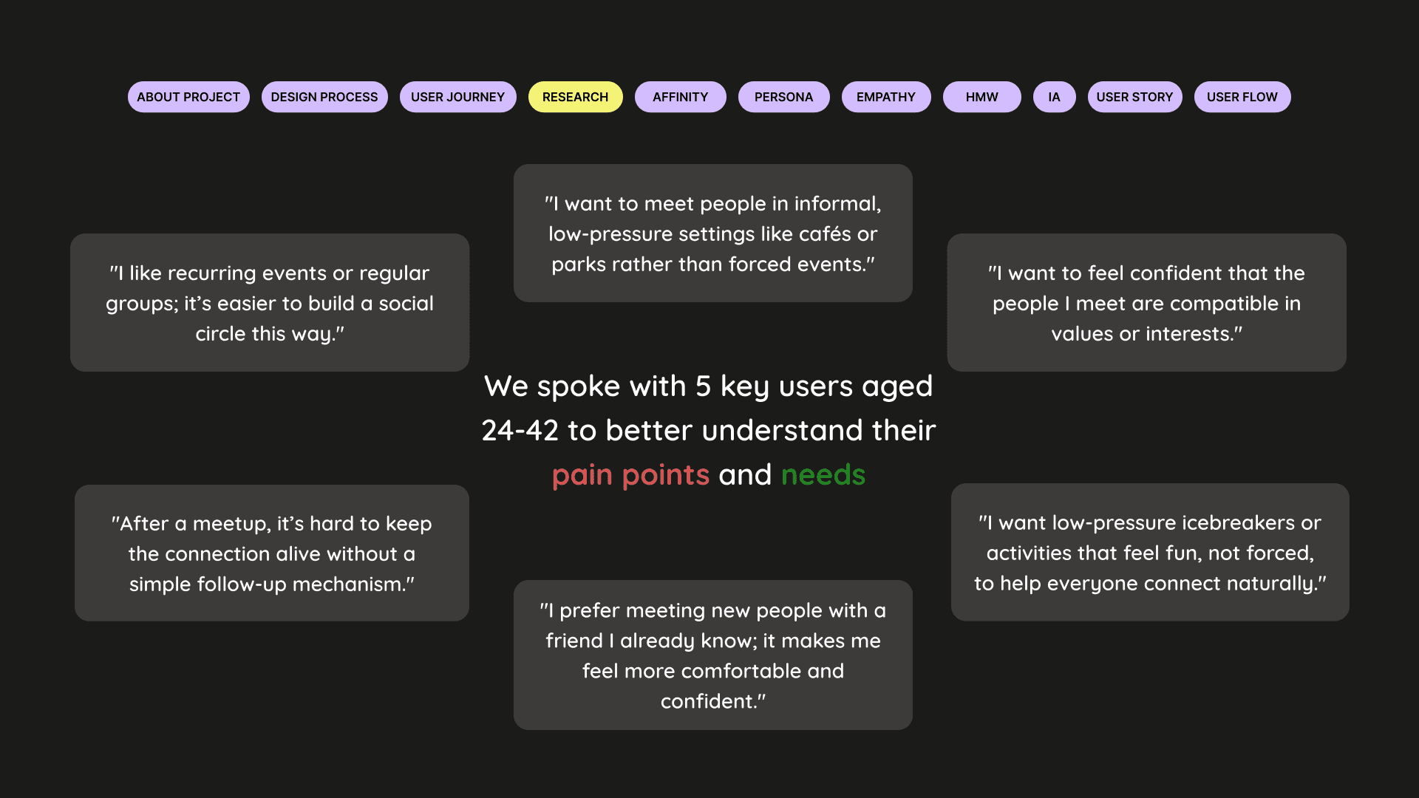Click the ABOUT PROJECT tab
188,97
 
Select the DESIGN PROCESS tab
324,97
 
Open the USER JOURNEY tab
457,97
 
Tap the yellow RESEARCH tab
575,97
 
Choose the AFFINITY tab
680,97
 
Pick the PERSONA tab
783,97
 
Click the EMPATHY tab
885,97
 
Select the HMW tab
981,97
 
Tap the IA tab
1054,97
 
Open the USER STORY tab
1134,97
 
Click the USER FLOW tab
1242,97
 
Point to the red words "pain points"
630,475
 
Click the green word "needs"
823,475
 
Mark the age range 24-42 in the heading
520,431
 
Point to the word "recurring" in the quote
212,273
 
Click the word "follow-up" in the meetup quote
245,584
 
